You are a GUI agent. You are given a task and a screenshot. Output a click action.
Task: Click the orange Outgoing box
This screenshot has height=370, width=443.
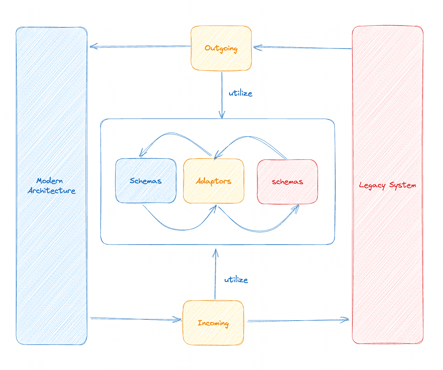[221, 48]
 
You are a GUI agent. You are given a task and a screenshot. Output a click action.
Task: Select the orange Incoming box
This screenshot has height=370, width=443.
[213, 323]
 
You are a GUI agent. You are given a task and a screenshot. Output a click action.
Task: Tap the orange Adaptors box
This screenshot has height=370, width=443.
[214, 181]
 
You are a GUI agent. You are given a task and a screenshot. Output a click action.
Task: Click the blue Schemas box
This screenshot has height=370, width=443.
[146, 181]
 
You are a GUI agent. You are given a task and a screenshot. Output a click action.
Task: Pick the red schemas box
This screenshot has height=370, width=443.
[287, 182]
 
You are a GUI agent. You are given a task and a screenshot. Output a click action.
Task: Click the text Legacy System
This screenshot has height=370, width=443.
[387, 185]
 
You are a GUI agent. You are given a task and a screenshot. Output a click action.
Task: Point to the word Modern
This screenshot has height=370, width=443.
[50, 181]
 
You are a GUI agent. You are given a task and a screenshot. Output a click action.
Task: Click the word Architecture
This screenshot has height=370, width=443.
[52, 191]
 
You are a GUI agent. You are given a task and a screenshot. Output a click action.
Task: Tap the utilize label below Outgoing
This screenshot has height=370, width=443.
[240, 93]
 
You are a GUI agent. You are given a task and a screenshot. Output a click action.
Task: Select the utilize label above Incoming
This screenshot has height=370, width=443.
[236, 280]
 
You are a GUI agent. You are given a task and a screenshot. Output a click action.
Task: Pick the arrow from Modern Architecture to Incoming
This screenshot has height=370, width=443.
[136, 319]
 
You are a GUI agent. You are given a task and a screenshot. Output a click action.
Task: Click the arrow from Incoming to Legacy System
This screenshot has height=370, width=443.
[297, 320]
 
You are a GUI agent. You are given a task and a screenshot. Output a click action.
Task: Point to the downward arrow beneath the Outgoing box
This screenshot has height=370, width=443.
[222, 95]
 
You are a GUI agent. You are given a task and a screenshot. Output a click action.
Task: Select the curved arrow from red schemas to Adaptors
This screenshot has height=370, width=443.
[250, 137]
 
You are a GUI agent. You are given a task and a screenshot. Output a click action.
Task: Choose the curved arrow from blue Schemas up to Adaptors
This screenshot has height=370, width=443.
[180, 229]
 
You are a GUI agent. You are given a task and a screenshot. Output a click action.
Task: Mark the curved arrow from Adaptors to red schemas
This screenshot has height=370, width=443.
[259, 231]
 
